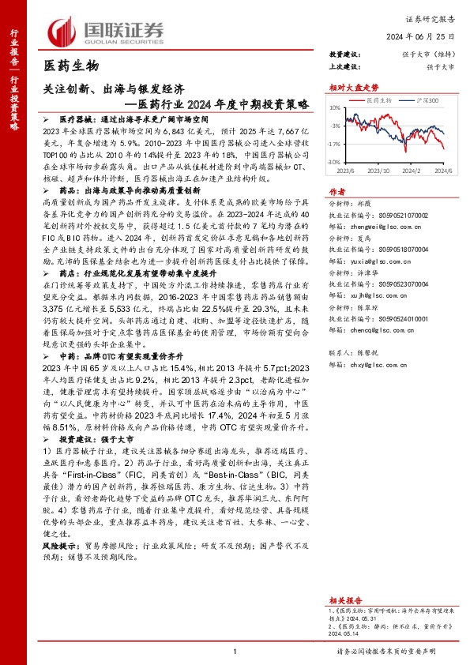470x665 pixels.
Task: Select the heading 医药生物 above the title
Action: click(x=70, y=66)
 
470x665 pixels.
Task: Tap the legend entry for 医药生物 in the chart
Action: click(x=381, y=102)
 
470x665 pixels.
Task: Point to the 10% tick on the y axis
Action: click(x=336, y=107)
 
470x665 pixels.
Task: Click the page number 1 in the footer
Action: click(x=235, y=651)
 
